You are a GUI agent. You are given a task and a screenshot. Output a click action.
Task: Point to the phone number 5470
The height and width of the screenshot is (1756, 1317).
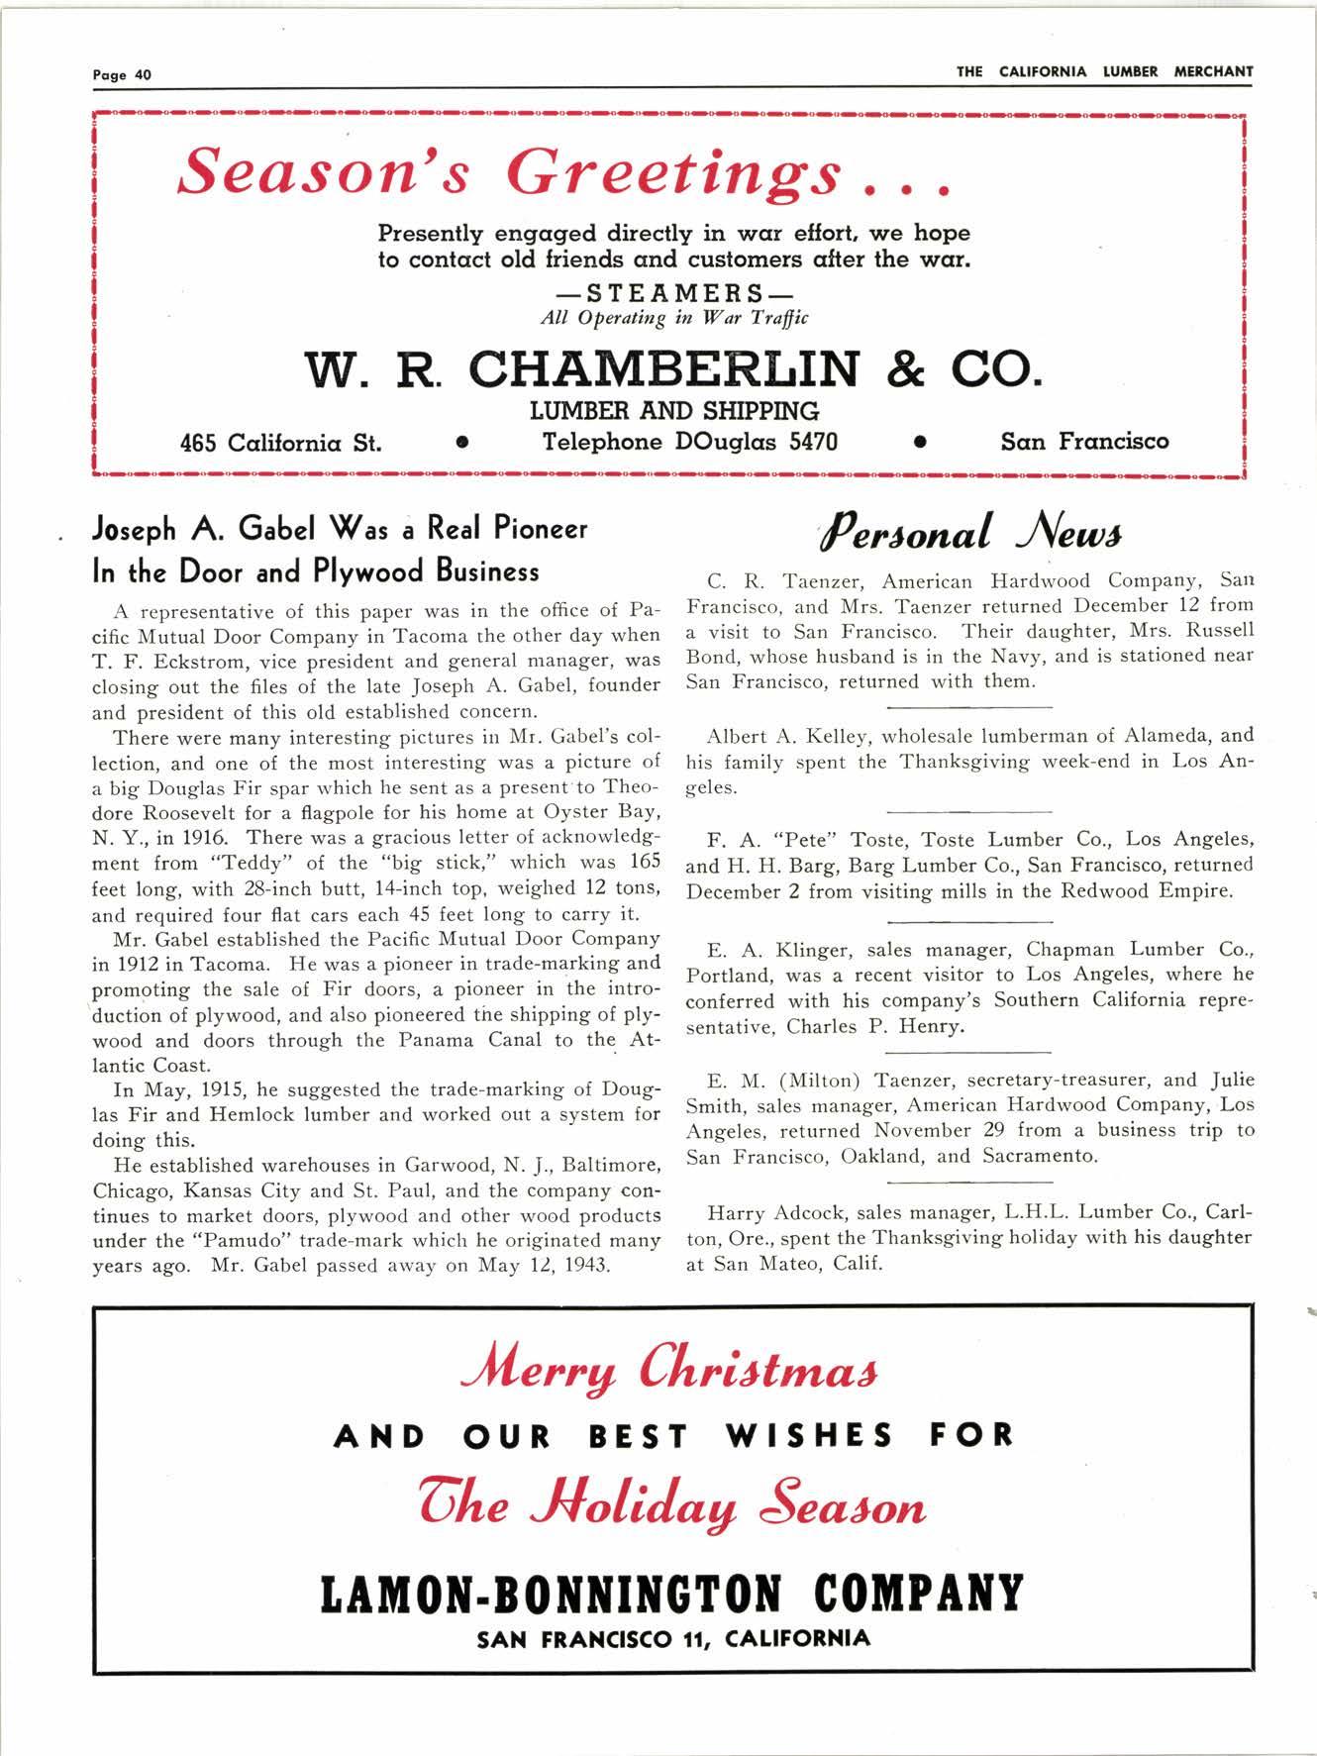[x=812, y=441]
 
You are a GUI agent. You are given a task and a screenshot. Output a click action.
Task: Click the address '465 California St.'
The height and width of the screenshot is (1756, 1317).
[x=280, y=443]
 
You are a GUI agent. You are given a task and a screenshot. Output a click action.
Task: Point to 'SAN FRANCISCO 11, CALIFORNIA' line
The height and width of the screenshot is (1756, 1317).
[x=673, y=1639]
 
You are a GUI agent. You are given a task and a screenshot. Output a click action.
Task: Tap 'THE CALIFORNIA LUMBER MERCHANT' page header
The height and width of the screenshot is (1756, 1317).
[x=1104, y=71]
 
